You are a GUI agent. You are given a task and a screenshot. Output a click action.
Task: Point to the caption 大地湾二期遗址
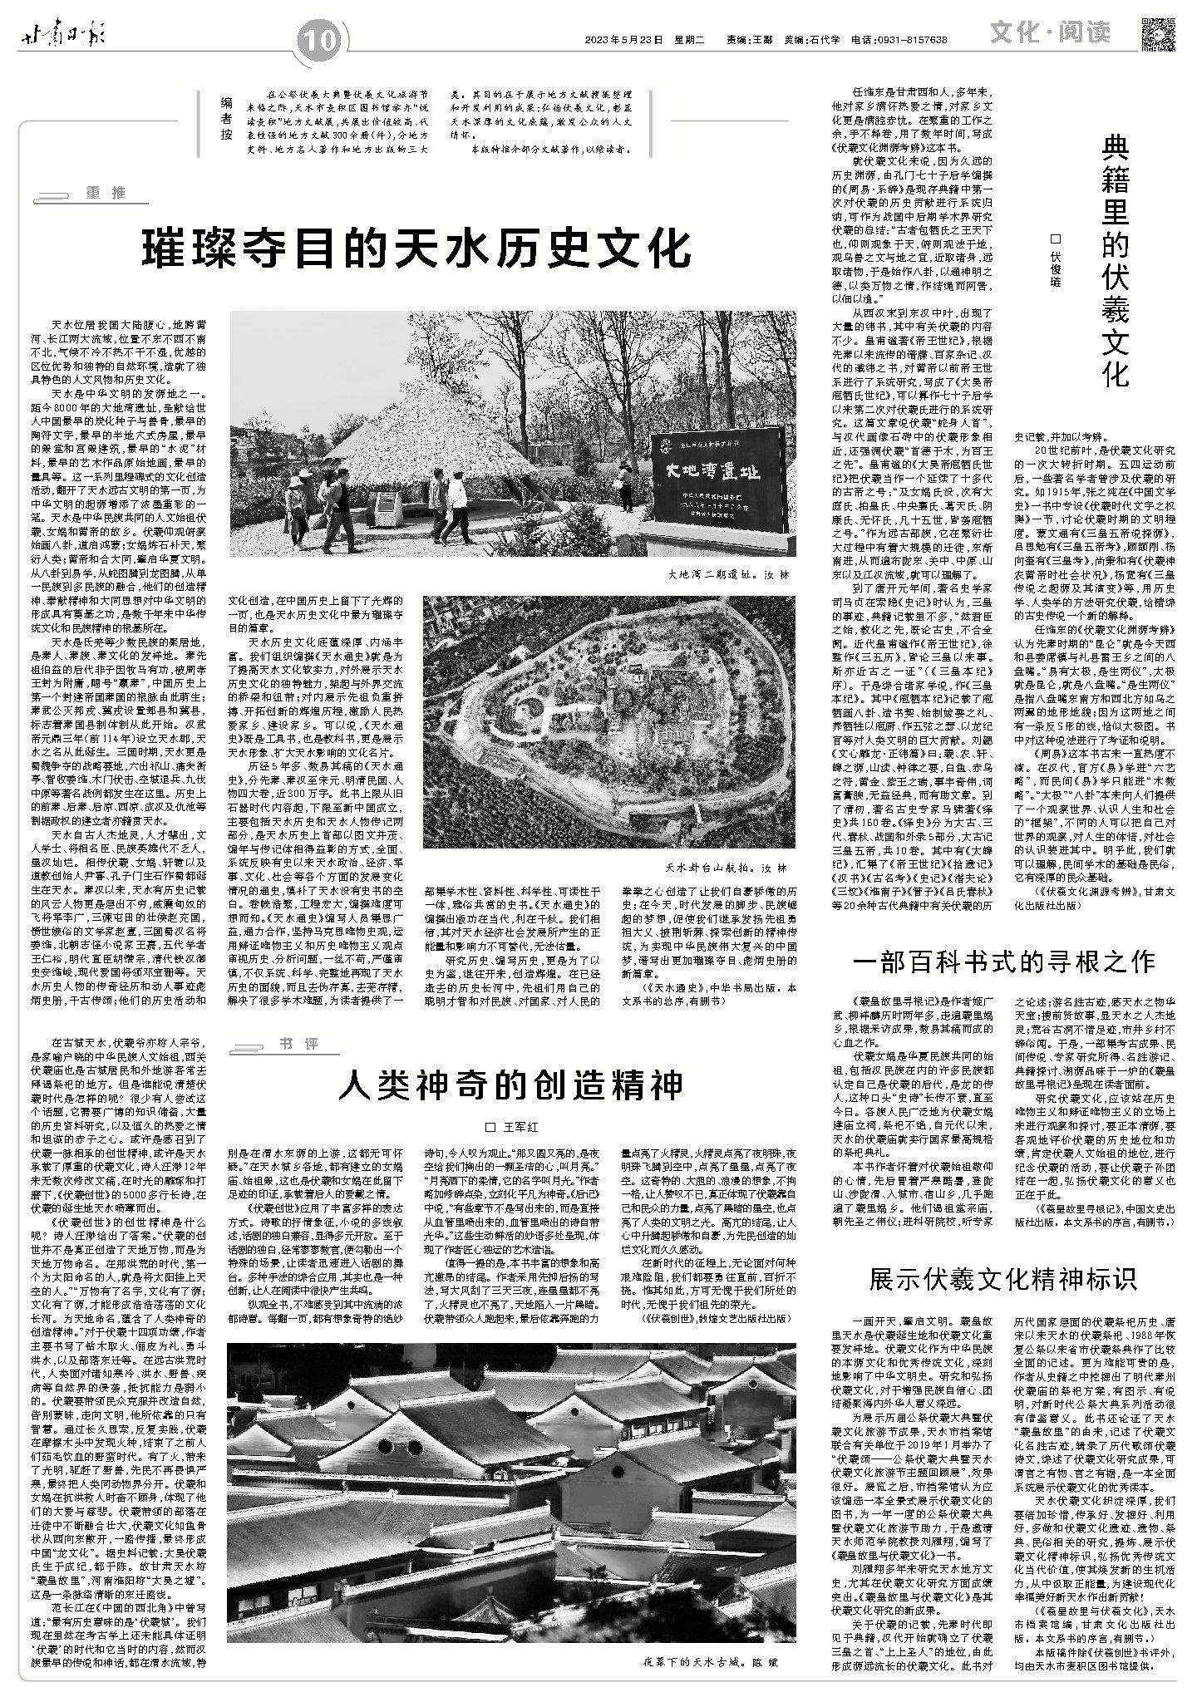pos(720,574)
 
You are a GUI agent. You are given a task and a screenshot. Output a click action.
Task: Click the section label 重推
pos(105,193)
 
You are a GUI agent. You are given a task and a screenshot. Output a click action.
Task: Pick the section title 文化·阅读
pos(1050,32)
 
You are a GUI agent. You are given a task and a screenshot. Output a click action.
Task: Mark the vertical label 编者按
pos(225,120)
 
